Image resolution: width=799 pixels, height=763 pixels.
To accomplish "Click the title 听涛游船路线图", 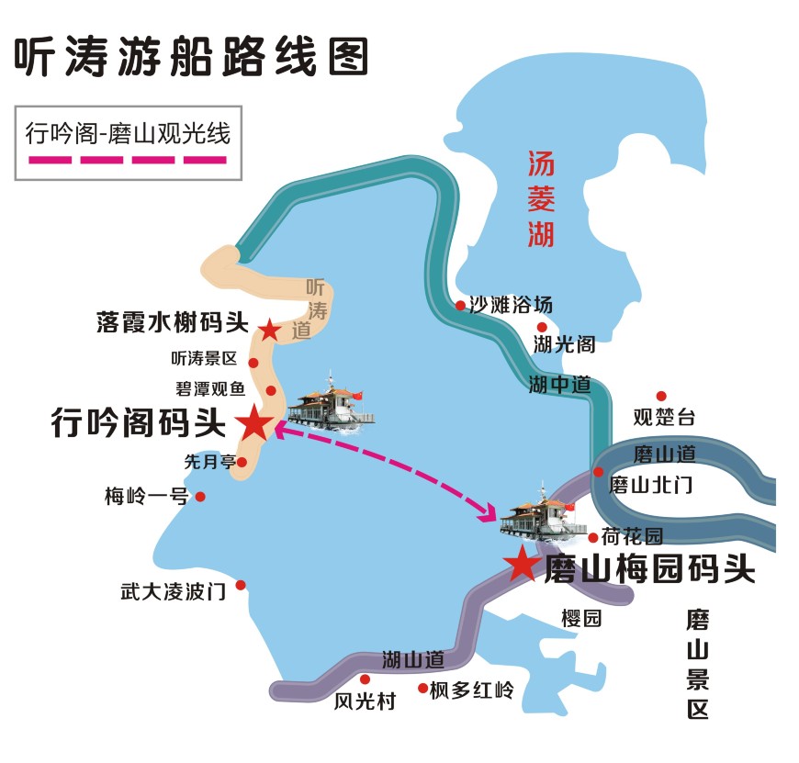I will (x=191, y=56).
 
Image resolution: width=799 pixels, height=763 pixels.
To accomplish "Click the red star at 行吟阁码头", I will (x=254, y=423).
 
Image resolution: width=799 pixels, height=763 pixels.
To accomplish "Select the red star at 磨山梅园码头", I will (x=522, y=564).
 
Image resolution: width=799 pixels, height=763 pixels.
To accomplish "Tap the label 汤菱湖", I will (x=541, y=199).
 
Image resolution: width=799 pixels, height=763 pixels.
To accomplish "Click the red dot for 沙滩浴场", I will (x=460, y=306).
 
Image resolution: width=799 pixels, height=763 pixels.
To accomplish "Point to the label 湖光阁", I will (x=564, y=345).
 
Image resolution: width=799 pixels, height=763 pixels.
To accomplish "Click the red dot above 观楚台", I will (x=660, y=396).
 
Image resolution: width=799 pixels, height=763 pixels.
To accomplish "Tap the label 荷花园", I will (x=633, y=536).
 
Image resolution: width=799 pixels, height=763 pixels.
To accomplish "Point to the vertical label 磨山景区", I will (x=698, y=664).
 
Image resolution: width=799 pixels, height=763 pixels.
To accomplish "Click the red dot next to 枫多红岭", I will (x=422, y=688).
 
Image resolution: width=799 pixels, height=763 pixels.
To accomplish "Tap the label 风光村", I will (x=365, y=702).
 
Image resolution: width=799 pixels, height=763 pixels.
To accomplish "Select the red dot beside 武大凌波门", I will (x=241, y=585).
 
